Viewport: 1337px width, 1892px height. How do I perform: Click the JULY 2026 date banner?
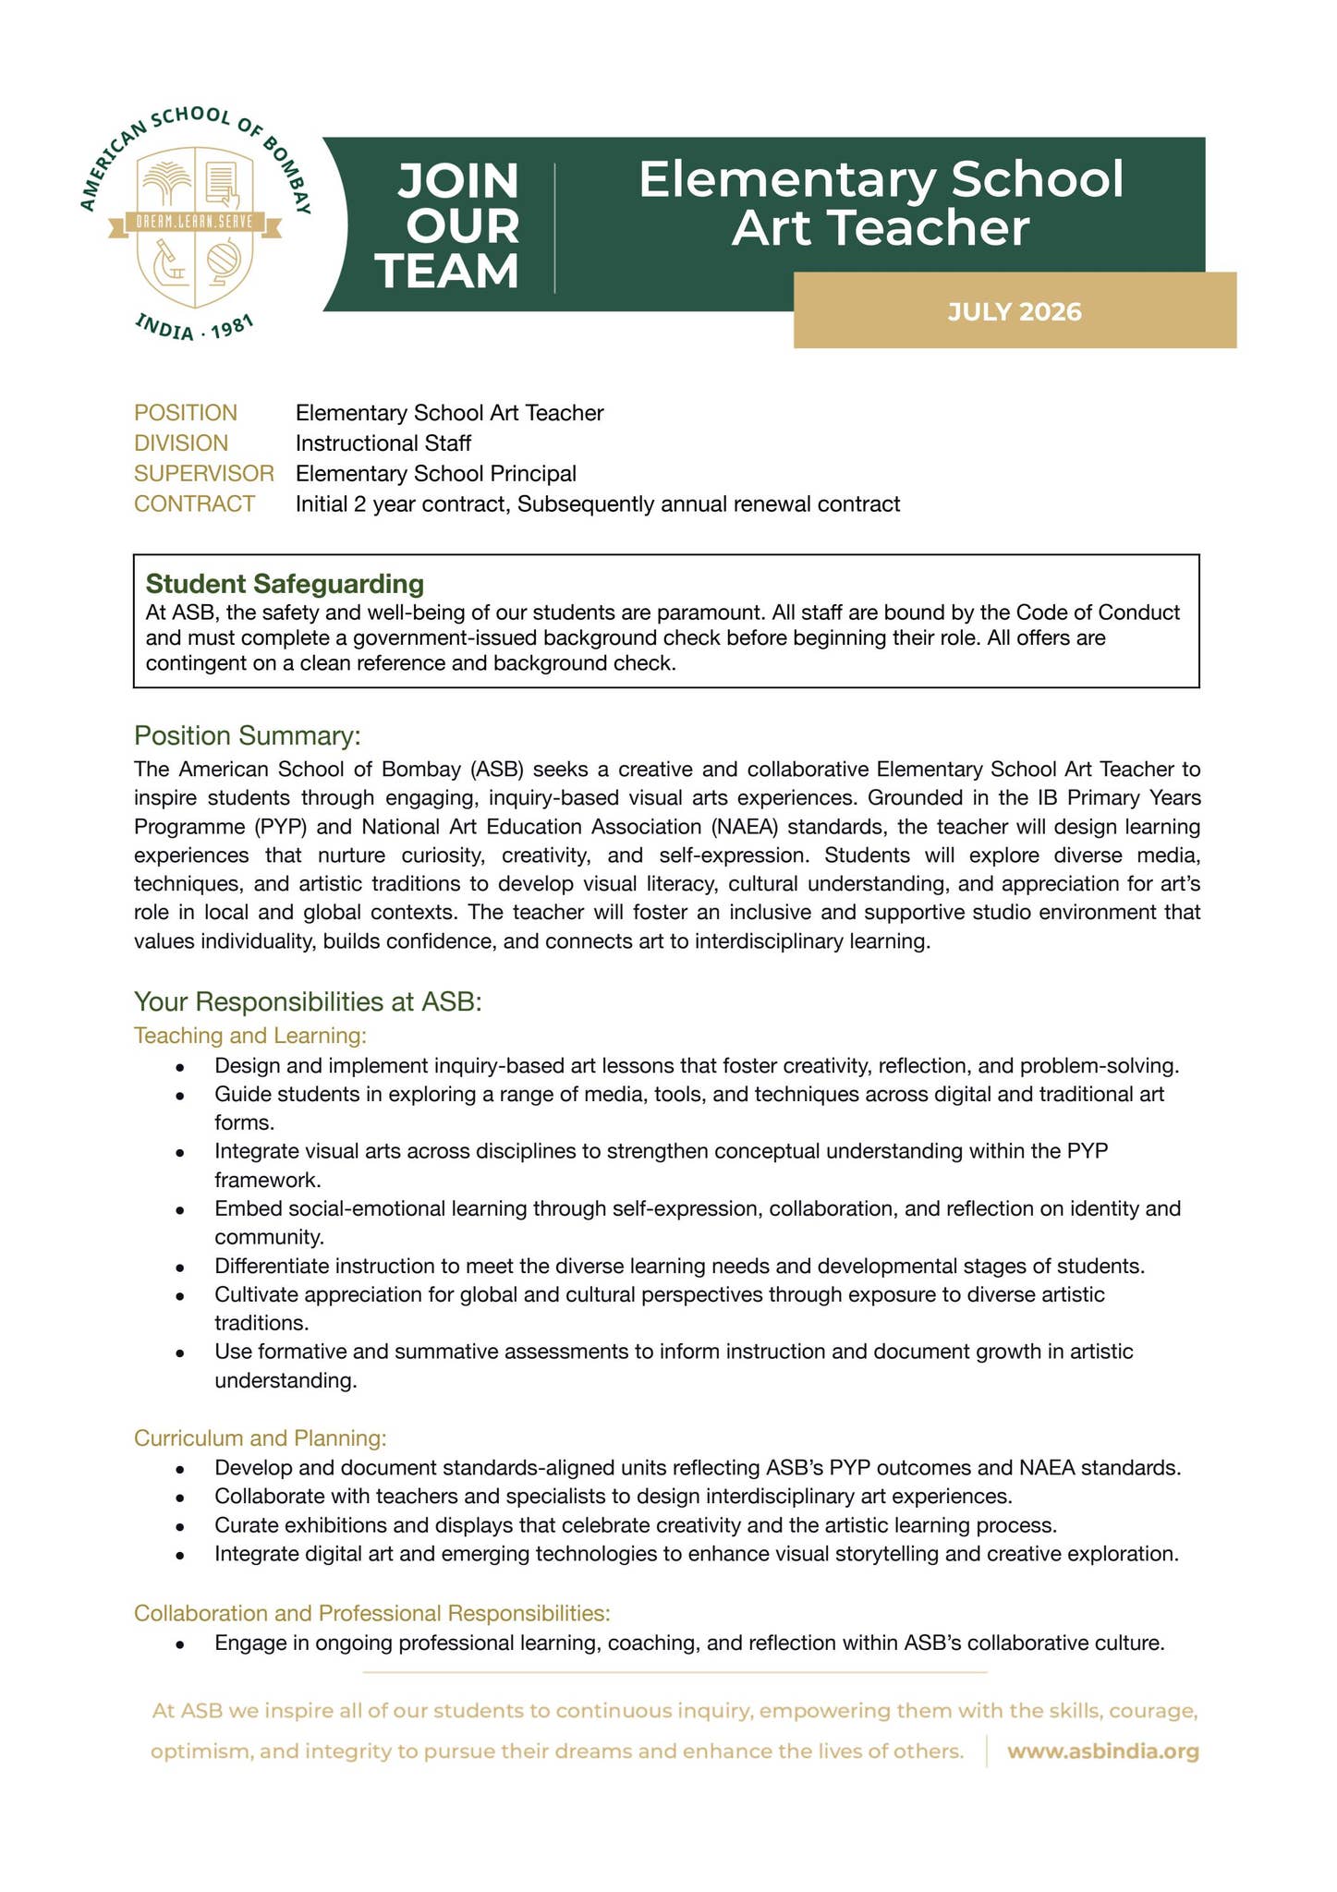1014,311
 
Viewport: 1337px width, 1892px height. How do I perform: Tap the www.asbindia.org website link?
1102,1752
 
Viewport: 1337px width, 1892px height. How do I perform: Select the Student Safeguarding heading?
285,584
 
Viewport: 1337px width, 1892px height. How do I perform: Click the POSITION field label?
186,413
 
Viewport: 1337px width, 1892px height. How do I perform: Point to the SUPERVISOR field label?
204,474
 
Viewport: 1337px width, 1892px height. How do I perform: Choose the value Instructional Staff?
383,443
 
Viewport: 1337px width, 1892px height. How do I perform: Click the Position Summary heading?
247,736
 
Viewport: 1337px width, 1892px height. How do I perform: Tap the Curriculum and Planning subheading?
260,1438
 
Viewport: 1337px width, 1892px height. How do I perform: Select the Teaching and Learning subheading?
250,1036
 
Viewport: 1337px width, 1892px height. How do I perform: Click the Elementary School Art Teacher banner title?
881,203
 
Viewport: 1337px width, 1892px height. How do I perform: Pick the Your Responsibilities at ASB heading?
308,1002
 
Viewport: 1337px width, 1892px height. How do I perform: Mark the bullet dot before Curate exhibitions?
181,1526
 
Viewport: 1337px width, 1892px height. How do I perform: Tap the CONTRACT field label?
194,504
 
